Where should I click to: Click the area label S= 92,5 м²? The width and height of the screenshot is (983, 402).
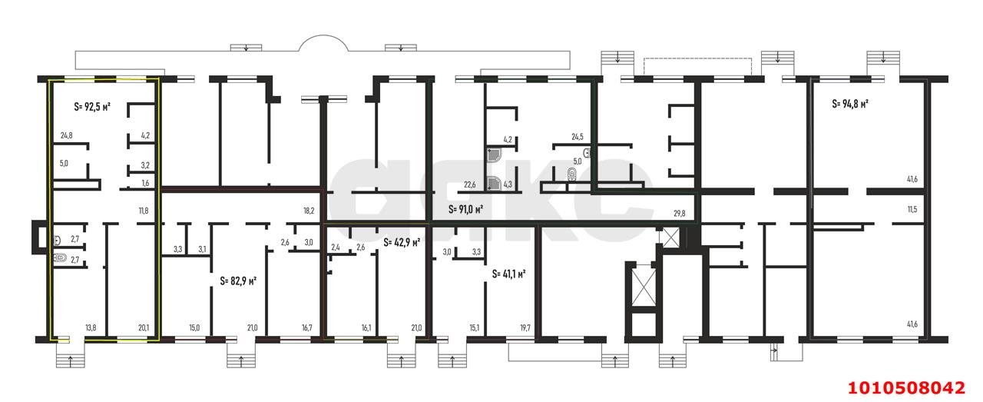click(x=92, y=107)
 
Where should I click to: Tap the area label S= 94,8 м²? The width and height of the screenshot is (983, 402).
click(x=850, y=104)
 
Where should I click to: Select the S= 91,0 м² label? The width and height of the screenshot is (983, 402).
click(x=466, y=210)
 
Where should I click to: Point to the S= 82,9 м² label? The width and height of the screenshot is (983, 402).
click(x=238, y=281)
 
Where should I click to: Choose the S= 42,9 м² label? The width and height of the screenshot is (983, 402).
click(x=402, y=243)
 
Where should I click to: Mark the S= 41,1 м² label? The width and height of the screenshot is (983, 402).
click(x=509, y=274)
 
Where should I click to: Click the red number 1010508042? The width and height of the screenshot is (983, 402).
click(x=907, y=388)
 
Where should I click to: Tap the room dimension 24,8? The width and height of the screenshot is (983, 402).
click(x=67, y=135)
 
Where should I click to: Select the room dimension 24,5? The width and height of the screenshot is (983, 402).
click(x=578, y=137)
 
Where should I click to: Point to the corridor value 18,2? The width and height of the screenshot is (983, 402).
click(x=309, y=211)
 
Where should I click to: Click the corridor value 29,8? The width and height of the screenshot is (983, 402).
click(x=680, y=214)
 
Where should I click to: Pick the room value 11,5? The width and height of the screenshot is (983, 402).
click(x=912, y=210)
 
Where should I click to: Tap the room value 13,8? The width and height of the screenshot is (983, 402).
click(x=91, y=327)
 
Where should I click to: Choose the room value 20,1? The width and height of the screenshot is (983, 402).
click(x=144, y=327)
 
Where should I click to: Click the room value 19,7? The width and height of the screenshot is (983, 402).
click(x=525, y=327)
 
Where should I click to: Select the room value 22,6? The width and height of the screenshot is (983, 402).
click(x=469, y=185)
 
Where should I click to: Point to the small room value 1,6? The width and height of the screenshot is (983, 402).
click(x=145, y=183)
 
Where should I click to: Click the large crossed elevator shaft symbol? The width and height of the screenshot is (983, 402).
click(x=643, y=287)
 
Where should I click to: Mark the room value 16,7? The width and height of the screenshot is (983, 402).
click(x=306, y=327)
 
